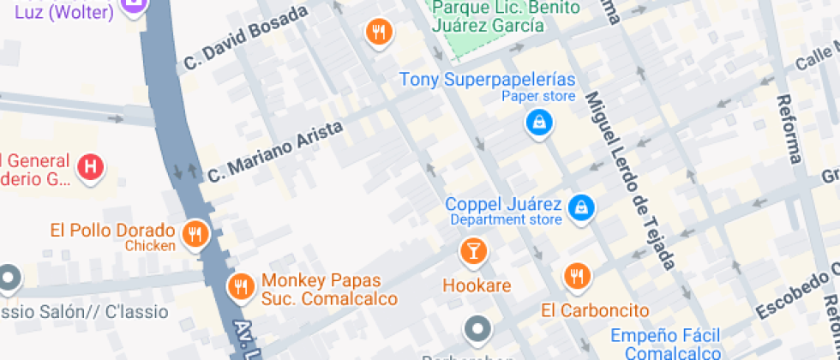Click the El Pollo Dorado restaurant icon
[x=196, y=234]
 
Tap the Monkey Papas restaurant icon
[x=242, y=287]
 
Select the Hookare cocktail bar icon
[x=472, y=252]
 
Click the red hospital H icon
[x=90, y=167]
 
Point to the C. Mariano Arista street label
[x=275, y=151]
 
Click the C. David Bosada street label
[x=246, y=39]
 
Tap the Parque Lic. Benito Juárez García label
[x=489, y=16]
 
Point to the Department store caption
[x=506, y=220]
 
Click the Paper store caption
[x=538, y=97]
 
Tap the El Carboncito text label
[x=595, y=309]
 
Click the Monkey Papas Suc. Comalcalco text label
[x=329, y=290]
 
